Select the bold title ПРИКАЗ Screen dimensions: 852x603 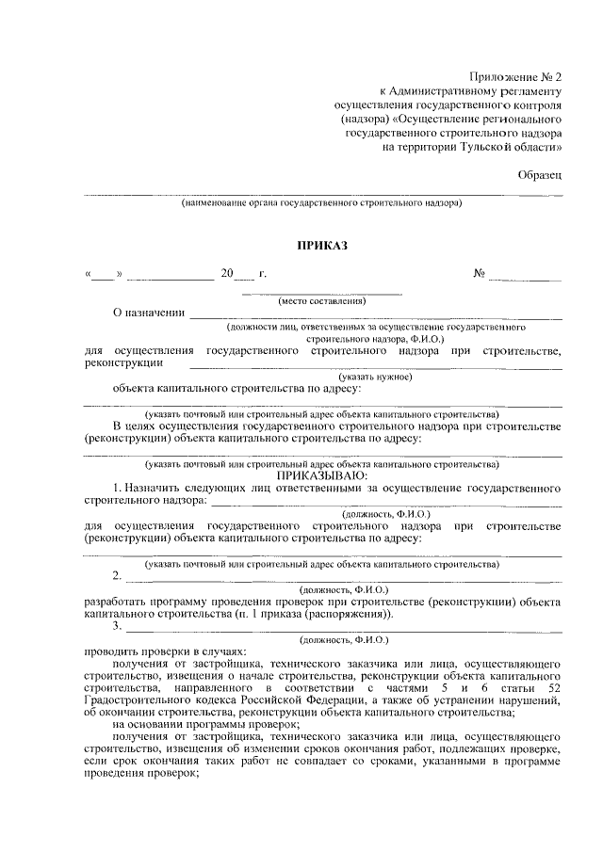(x=322, y=246)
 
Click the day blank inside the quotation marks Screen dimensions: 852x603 (x=103, y=275)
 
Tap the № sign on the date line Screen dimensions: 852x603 (x=480, y=274)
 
